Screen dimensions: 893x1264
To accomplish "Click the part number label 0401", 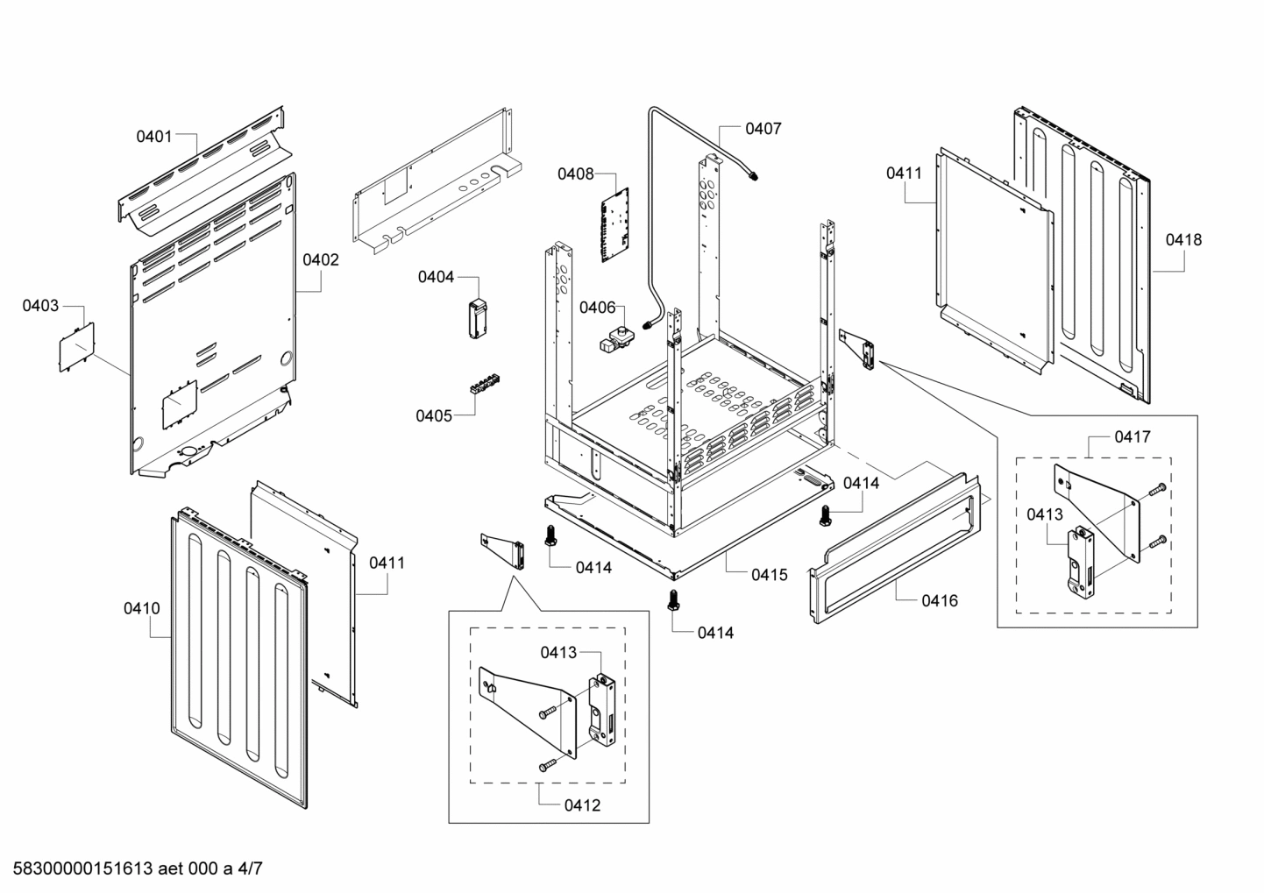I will tap(153, 136).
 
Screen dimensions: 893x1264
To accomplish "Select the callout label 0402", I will tap(321, 259).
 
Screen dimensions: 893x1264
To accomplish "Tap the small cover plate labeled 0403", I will tap(75, 347).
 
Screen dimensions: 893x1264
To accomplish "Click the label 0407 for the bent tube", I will tap(763, 129).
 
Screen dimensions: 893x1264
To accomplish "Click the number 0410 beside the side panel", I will tap(141, 607).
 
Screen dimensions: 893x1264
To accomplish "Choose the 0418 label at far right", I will tap(1183, 239).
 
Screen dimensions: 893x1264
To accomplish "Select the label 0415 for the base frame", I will tap(769, 575).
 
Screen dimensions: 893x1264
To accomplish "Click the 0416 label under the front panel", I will tap(939, 600).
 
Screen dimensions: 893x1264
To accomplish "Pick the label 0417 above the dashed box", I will tap(1133, 436).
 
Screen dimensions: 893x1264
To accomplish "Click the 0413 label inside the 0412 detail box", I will tap(558, 652).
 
